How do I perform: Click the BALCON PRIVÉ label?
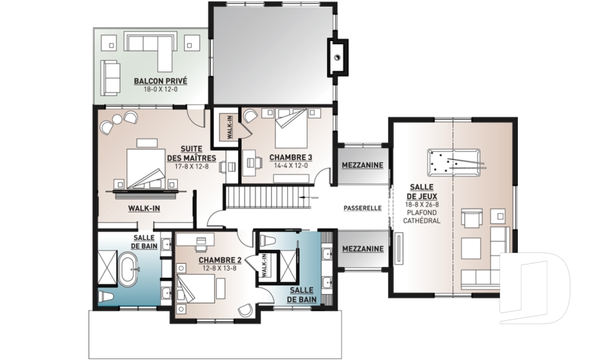pyautogui.click(x=160, y=81)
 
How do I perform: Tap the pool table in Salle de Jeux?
pyautogui.click(x=454, y=161)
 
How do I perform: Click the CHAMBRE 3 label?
pyautogui.click(x=291, y=158)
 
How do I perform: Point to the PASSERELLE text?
pyautogui.click(x=363, y=208)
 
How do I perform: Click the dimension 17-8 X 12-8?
pyautogui.click(x=192, y=166)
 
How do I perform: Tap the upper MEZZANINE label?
pyautogui.click(x=362, y=165)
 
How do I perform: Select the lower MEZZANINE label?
pyautogui.click(x=363, y=249)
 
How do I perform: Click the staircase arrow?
pyautogui.click(x=309, y=197)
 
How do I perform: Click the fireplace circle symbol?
pyautogui.click(x=338, y=58)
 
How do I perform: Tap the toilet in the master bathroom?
pyautogui.click(x=106, y=297)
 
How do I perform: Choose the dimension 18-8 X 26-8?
pyautogui.click(x=422, y=204)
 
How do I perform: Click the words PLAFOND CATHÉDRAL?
pyautogui.click(x=422, y=216)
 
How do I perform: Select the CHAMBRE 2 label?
pyautogui.click(x=220, y=260)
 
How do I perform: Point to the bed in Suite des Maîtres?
pyautogui.click(x=146, y=169)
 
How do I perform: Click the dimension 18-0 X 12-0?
pyautogui.click(x=160, y=89)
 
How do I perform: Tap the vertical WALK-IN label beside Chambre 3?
pyautogui.click(x=230, y=127)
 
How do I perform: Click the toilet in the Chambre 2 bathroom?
pyautogui.click(x=267, y=240)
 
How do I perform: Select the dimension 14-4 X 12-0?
pyautogui.click(x=291, y=166)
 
